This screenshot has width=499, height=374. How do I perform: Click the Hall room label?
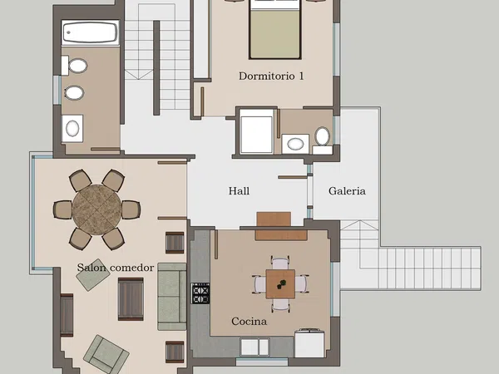[x=239, y=191]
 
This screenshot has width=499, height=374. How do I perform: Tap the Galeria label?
[x=347, y=191]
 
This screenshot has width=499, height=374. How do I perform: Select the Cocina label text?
[x=249, y=321]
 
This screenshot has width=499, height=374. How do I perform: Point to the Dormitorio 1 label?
[x=271, y=76]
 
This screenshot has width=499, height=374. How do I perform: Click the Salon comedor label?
[x=116, y=268]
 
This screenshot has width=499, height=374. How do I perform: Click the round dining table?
[x=96, y=210]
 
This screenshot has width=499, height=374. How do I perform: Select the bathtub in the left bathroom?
[x=91, y=32]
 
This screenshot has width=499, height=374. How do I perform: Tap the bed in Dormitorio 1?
[x=275, y=30]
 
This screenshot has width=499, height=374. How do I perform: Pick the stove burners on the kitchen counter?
[x=200, y=293]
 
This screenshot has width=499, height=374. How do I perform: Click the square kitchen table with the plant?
[x=280, y=284]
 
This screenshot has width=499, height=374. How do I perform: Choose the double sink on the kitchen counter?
[x=254, y=347]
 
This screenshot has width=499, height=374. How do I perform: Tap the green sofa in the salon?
[x=172, y=297]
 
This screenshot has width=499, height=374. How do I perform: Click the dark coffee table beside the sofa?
[x=131, y=299]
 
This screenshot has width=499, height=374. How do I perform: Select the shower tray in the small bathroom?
[x=256, y=131]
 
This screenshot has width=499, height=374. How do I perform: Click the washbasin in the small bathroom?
[x=295, y=144]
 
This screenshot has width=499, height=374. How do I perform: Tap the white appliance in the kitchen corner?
[x=309, y=343]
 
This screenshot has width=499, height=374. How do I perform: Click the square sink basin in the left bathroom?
[x=72, y=129]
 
